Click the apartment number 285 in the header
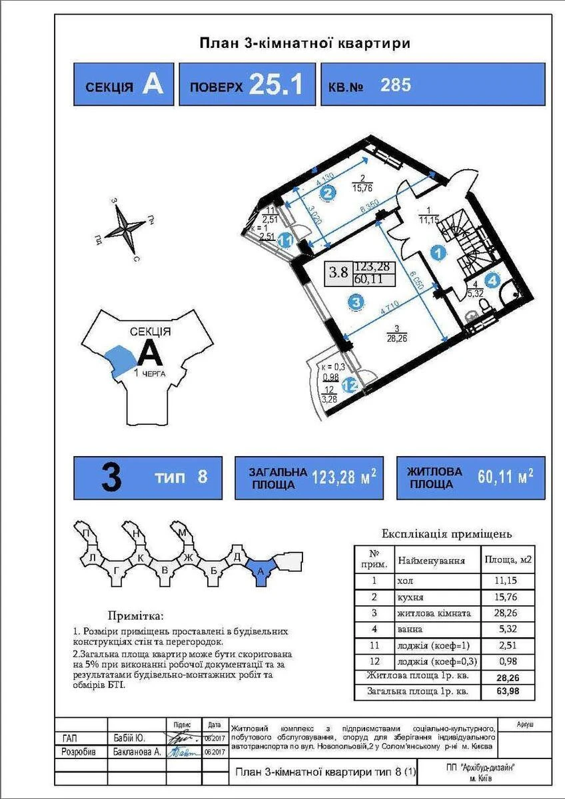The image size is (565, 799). click(x=395, y=85)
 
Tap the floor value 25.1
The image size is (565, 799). click(x=276, y=85)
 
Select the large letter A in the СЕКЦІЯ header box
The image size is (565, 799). click(x=153, y=85)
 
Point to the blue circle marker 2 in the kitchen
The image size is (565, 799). click(x=326, y=194)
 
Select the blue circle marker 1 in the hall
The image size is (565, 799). click(x=437, y=252)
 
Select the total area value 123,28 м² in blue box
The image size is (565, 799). click(x=350, y=477)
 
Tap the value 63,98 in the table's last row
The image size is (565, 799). click(x=508, y=692)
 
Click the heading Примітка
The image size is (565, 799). click(x=135, y=616)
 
